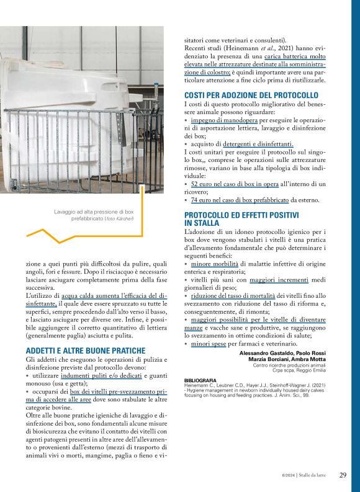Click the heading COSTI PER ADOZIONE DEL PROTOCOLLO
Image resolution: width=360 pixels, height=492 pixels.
251,95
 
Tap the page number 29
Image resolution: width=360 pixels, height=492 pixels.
343,475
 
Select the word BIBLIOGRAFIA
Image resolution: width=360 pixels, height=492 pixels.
200,380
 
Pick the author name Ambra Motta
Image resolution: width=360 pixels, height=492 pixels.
307,359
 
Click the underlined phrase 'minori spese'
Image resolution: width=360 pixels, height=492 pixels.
209,343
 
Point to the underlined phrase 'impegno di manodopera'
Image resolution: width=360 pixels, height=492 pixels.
224,120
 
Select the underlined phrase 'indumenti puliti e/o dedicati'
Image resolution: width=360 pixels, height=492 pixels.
102,377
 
